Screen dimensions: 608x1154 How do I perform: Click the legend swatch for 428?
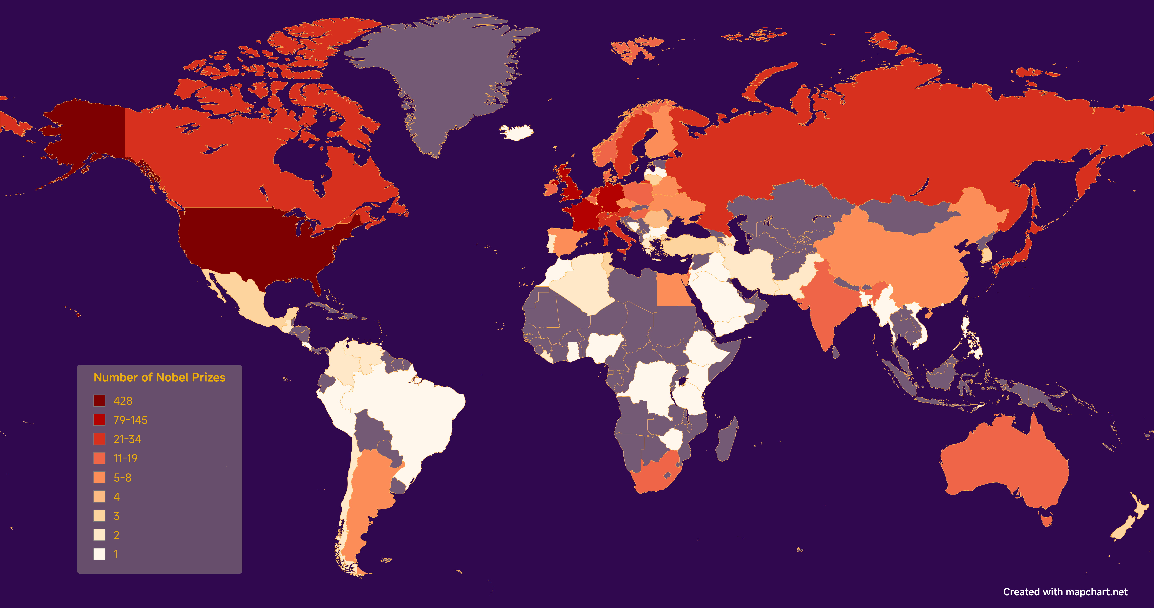click(99, 401)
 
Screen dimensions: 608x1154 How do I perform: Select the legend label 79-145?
click(130, 420)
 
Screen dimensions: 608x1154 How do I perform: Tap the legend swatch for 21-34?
click(99, 439)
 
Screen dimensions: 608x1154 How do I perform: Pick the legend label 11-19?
click(125, 458)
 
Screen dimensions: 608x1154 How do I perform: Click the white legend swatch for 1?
click(99, 554)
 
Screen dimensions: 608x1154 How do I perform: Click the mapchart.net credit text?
click(1065, 592)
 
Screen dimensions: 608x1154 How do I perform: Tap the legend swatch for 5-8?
click(99, 478)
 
